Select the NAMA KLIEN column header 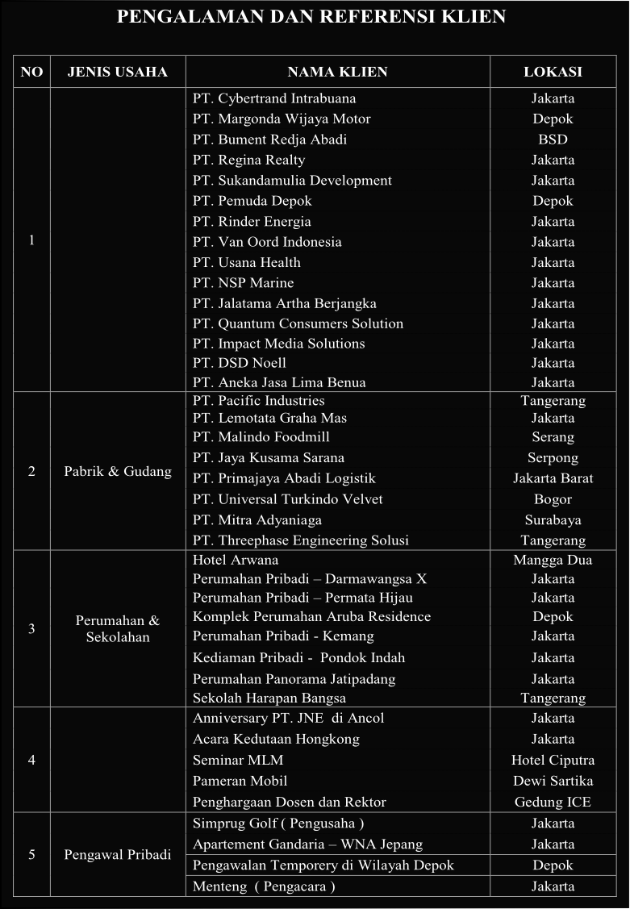coord(337,72)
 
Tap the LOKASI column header coord(553,72)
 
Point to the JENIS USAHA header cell coord(118,72)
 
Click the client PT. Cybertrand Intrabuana coord(274,98)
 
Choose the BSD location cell coord(553,140)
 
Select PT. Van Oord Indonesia coord(267,242)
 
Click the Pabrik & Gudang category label coord(118,472)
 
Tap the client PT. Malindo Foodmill coord(261,437)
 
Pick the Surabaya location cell coord(553,520)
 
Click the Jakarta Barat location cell coord(553,478)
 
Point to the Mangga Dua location coord(553,560)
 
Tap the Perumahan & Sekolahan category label coord(118,629)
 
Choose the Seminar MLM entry coord(238,760)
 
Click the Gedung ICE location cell coord(553,802)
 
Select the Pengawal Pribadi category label coord(118,854)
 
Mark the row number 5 coord(31,854)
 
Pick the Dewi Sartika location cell coord(553,781)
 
